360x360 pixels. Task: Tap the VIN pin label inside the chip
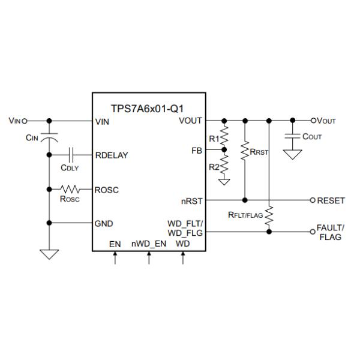pos(103,121)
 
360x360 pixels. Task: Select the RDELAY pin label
pos(112,155)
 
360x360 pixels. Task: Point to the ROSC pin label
pos(107,190)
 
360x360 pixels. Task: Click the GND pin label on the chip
pos(104,223)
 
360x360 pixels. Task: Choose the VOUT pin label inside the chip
pos(191,121)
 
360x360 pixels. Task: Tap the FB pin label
pos(197,149)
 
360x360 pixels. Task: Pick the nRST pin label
pos(192,200)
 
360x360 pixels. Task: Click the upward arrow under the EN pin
pos(115,259)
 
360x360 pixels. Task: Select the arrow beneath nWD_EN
pos(149,259)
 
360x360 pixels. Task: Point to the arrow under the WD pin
pos(183,259)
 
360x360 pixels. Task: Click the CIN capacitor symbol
pos(49,137)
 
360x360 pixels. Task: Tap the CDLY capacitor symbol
pos(72,154)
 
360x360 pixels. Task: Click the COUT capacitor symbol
pos(293,136)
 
